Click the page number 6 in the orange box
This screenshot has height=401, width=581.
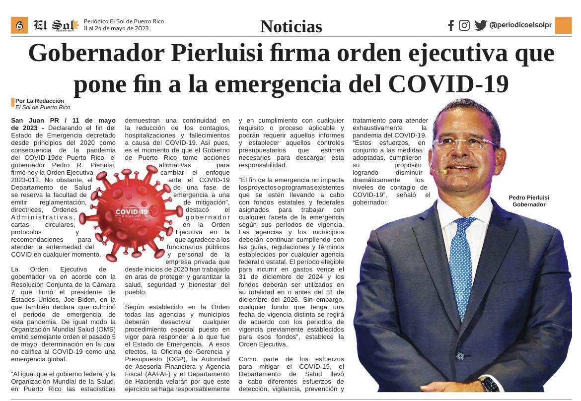click(19, 25)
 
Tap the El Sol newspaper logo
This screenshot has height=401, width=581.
click(56, 25)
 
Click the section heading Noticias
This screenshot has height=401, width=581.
click(291, 26)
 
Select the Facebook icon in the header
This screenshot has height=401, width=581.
click(451, 25)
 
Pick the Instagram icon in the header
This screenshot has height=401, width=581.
click(464, 25)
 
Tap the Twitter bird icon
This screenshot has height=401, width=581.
click(480, 25)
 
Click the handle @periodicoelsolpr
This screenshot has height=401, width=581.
click(520, 25)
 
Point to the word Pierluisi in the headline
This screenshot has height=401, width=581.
click(212, 54)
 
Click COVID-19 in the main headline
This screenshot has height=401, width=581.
click(448, 83)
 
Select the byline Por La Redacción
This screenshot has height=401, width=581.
click(40, 101)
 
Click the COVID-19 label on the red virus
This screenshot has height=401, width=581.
click(131, 212)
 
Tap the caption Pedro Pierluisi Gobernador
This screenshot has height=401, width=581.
click(529, 200)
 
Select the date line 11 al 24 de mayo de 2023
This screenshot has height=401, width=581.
click(116, 28)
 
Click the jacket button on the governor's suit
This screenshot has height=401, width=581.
click(460, 355)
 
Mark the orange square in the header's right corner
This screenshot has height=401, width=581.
click(563, 25)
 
